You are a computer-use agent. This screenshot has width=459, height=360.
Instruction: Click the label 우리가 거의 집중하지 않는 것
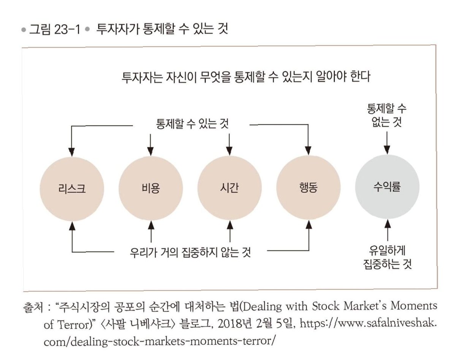[x=190, y=252]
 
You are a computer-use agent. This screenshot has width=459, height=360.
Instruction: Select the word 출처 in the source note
[x=32, y=306]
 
